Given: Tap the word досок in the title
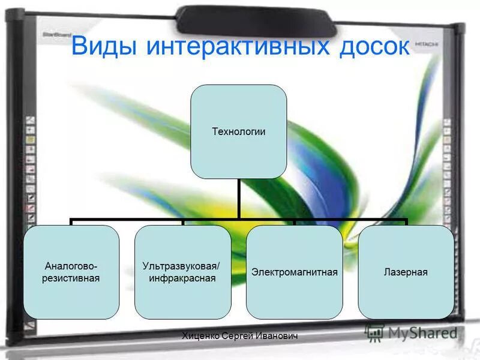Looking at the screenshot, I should (371, 46).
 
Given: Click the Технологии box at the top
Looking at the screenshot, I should (238, 131).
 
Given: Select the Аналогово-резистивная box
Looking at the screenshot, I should (71, 272).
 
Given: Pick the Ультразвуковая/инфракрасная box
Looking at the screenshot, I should (182, 272).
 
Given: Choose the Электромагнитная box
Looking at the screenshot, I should (294, 272).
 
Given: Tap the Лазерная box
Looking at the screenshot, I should (406, 272).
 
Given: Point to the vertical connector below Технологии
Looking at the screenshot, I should (238, 198).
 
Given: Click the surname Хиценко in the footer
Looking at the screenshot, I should (202, 337).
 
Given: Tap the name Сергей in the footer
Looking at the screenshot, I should (240, 337).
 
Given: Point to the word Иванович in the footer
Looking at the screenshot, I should (277, 337).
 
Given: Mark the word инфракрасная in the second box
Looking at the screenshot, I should (182, 278).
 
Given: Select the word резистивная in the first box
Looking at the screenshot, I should (71, 278).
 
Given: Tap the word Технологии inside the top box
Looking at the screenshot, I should (238, 131).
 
